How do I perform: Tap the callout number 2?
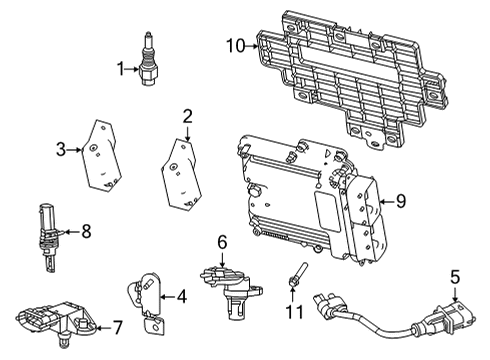pos(187,116)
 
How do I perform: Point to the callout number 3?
pos(61,149)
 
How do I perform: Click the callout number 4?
pos(181,296)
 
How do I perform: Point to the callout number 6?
pos(223,242)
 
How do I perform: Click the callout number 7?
pos(116,326)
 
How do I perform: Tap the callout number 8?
pos(85,232)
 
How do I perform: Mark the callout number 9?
pos(400,201)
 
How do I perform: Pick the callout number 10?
pos(234,44)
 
